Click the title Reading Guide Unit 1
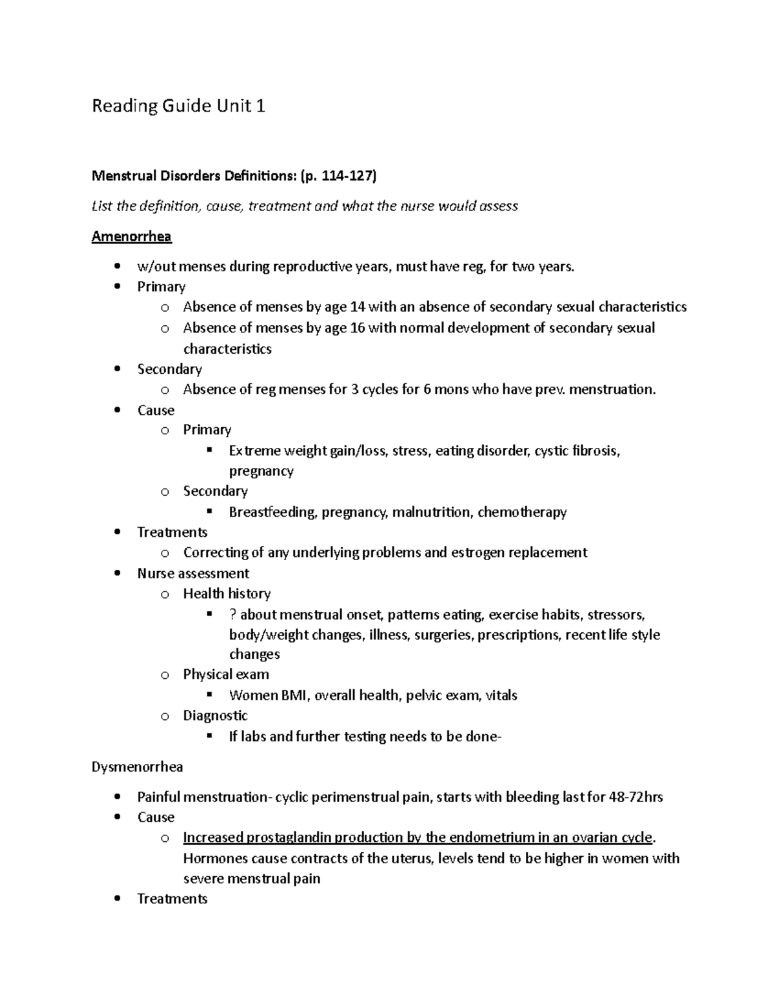click(x=178, y=106)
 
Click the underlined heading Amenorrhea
click(x=131, y=236)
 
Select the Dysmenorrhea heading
click(x=137, y=767)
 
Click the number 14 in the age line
click(x=357, y=307)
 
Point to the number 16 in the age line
click(x=357, y=328)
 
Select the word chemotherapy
click(x=522, y=512)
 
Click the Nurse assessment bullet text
click(x=193, y=573)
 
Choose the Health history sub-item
click(x=227, y=593)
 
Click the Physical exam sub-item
click(x=226, y=674)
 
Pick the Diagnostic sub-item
click(x=215, y=715)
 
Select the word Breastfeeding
click(x=273, y=512)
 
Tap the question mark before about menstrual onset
click(x=232, y=615)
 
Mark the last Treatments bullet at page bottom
click(x=172, y=899)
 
